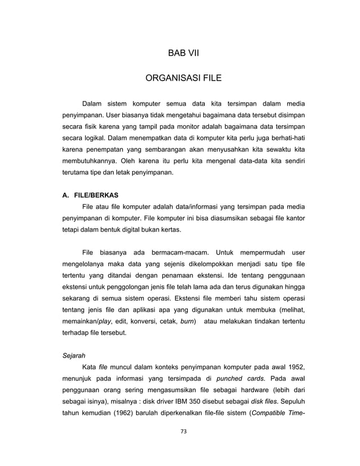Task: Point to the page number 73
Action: (x=183, y=432)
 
